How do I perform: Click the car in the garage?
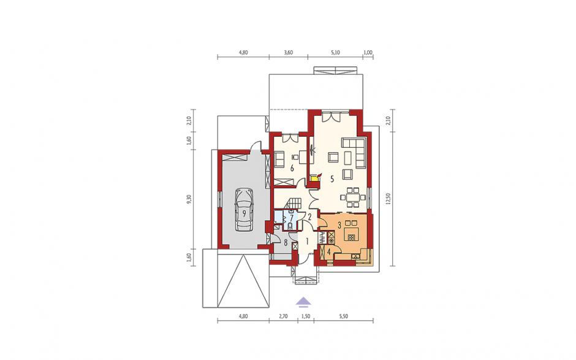[243, 209]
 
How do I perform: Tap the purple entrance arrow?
[304, 302]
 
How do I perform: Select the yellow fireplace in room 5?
[315, 178]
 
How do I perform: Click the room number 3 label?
[340, 224]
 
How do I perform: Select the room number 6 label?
[292, 169]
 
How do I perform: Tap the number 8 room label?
[286, 242]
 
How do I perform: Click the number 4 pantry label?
[329, 252]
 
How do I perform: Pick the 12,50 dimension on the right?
[388, 202]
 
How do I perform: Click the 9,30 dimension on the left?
[189, 199]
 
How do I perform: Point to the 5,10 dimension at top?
[335, 53]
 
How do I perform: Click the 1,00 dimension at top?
[368, 53]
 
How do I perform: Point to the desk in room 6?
[302, 158]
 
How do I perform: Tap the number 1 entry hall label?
[307, 242]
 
